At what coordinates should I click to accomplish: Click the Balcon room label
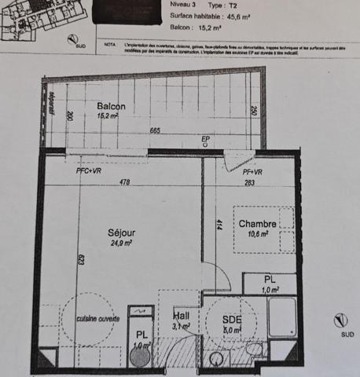[111, 106]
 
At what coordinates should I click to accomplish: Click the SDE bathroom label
[231, 320]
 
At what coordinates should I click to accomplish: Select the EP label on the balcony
[205, 140]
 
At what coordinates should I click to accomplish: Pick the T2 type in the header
[241, 4]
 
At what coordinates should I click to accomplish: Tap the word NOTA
[108, 46]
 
